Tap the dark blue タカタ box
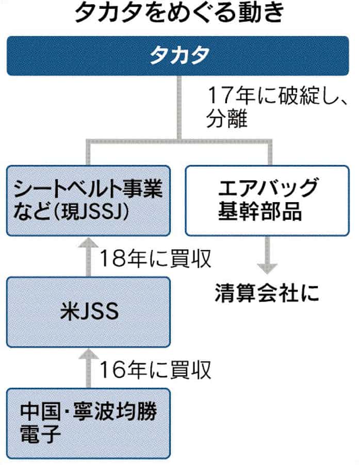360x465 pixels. (179, 56)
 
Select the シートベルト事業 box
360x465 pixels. (88, 200)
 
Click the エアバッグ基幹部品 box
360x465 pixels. (266, 200)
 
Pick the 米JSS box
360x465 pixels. (88, 311)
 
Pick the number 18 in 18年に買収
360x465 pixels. (110, 259)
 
